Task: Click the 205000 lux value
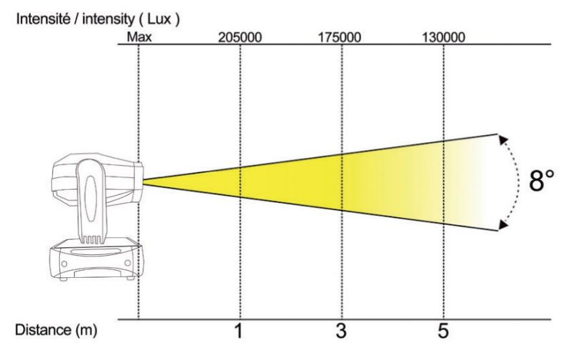[240, 37]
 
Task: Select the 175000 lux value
[340, 37]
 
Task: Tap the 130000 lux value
[443, 37]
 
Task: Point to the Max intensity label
[139, 37]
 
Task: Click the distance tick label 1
[238, 331]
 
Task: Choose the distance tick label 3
[341, 331]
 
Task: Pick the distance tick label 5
[443, 331]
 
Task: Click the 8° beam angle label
[542, 181]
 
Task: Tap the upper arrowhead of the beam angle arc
[504, 139]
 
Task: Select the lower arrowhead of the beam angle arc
[503, 225]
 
